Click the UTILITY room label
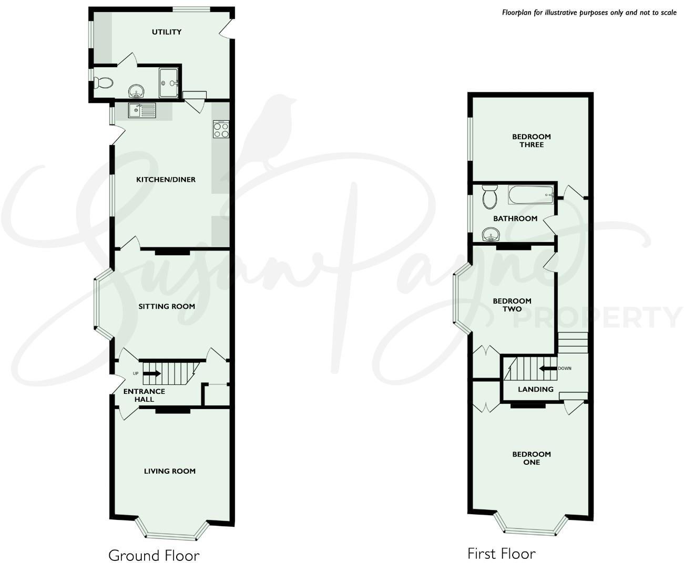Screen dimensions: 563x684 click(167, 32)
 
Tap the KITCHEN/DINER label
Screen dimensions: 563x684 click(166, 180)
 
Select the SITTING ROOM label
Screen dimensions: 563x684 click(167, 306)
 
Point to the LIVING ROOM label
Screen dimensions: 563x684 click(169, 471)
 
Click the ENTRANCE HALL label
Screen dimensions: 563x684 click(144, 395)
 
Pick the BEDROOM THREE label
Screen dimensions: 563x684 click(532, 140)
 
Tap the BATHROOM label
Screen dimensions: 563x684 click(515, 218)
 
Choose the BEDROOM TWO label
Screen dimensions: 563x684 click(512, 305)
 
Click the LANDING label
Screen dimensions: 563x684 click(536, 389)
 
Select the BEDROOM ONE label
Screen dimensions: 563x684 click(532, 458)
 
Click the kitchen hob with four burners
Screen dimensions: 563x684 click(221, 129)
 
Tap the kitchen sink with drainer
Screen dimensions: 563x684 click(142, 111)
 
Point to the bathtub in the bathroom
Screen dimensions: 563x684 click(530, 196)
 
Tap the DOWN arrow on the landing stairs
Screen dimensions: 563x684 click(548, 369)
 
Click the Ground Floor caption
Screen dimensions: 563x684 click(154, 555)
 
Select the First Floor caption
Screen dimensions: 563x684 click(501, 553)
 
